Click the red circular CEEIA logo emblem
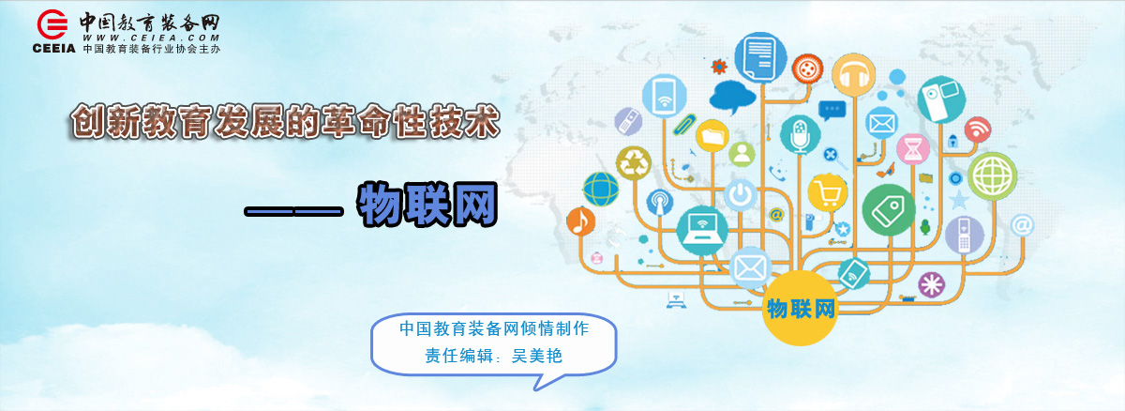(52, 24)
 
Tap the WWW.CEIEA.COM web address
(151, 38)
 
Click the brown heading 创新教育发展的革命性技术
(285, 121)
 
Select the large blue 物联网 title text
(427, 204)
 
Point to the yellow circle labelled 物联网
(800, 308)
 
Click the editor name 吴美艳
(536, 356)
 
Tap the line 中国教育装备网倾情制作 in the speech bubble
(494, 328)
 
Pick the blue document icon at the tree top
(760, 58)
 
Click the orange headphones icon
(853, 75)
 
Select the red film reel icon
(807, 68)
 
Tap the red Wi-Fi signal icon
(977, 129)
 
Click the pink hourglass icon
(913, 149)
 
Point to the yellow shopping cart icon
(827, 193)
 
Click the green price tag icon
(889, 210)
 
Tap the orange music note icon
(580, 221)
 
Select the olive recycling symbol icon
(634, 162)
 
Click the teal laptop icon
(702, 230)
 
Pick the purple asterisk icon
(932, 284)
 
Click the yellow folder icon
(712, 136)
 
